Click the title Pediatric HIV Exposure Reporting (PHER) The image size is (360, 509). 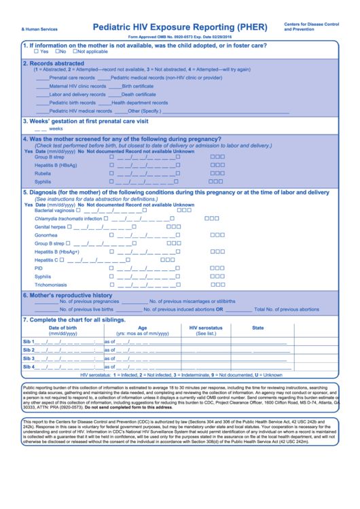(x=183, y=27)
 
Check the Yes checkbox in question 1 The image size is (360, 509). (x=37, y=52)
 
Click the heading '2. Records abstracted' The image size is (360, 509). (x=54, y=63)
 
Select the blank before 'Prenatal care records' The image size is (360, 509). (x=42, y=78)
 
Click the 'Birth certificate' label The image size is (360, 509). (x=137, y=86)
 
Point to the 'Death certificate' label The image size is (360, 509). (x=139, y=94)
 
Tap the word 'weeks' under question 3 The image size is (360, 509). (x=56, y=128)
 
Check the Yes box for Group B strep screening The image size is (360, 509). (x=112, y=157)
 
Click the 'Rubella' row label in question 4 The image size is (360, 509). (x=43, y=173)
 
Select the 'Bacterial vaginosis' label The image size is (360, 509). (x=54, y=211)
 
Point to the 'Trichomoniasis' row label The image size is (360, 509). (x=51, y=285)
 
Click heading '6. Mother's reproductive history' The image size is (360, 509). (x=67, y=295)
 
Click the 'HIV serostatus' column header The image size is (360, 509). (x=206, y=328)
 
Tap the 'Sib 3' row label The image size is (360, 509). (x=29, y=358)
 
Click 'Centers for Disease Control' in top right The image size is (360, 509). (x=311, y=24)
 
